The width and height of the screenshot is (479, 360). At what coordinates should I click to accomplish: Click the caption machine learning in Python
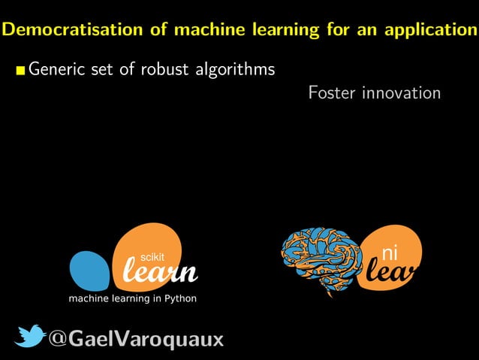(133, 298)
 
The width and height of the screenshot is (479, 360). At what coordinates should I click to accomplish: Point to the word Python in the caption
(180, 298)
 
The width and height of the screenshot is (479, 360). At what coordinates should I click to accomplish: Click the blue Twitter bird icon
(29, 337)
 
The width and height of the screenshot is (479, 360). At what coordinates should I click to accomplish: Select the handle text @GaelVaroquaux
(136, 339)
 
